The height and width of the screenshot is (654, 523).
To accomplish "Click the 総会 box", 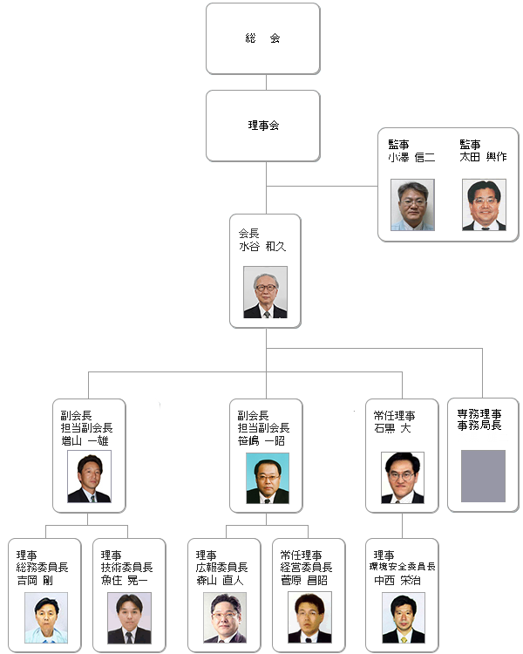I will tap(262, 38).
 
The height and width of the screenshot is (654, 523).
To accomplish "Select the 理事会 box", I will tap(262, 126).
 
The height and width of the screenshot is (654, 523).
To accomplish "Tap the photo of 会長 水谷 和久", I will tap(265, 292).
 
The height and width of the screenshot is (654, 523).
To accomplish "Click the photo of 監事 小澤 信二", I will tap(412, 205).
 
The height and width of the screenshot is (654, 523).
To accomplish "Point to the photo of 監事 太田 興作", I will tap(484, 205).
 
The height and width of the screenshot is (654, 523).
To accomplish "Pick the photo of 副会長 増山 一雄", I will tap(89, 476).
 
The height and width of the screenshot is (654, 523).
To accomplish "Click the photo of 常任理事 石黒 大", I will tap(402, 477).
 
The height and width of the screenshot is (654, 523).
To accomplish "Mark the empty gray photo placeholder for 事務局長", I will tap(483, 476).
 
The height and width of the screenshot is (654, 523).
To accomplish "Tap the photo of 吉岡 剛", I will tap(46, 617).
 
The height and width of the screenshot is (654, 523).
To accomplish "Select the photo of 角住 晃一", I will tap(129, 617).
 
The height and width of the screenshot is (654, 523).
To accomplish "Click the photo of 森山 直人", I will tap(225, 617).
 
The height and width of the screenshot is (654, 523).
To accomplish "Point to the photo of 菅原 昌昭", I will tap(309, 617).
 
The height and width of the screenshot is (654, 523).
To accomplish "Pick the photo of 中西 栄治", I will tap(403, 617).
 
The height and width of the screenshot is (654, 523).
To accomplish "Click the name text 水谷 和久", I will tap(262, 247).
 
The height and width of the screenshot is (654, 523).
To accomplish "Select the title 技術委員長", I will tap(126, 567).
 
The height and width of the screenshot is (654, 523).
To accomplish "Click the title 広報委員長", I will tap(221, 567).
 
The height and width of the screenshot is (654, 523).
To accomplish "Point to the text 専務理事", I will tap(479, 413).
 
